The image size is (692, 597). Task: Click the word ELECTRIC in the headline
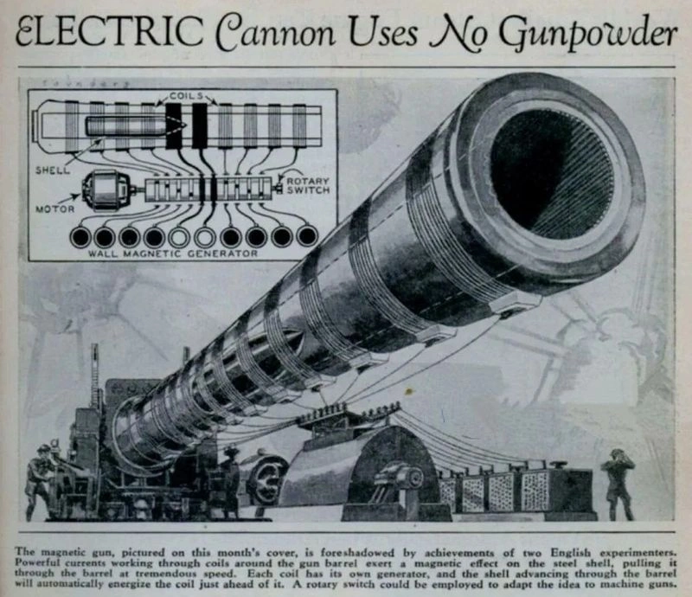click(109, 32)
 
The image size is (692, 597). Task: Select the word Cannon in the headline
click(277, 34)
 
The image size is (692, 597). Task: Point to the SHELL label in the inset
click(53, 170)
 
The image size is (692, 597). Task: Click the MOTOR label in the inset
click(54, 209)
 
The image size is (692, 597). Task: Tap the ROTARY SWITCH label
click(309, 185)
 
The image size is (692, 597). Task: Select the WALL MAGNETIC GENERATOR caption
click(172, 254)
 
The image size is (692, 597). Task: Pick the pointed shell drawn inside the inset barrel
click(136, 126)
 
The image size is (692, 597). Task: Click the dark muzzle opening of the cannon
click(552, 175)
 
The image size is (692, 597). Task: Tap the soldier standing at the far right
click(618, 484)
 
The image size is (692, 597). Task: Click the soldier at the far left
click(41, 481)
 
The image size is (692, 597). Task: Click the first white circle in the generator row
click(179, 237)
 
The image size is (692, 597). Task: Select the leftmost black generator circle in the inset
click(80, 237)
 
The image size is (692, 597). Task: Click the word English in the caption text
click(569, 552)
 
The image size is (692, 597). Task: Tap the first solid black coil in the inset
click(174, 125)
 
